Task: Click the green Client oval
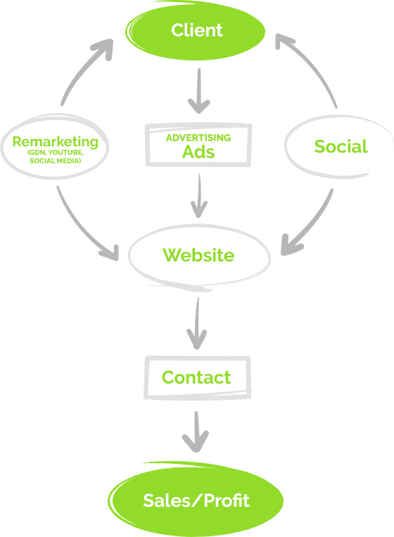(x=196, y=31)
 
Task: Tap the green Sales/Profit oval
(x=196, y=500)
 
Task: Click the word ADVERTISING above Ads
(x=198, y=138)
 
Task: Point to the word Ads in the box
(x=198, y=152)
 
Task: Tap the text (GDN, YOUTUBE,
(x=55, y=153)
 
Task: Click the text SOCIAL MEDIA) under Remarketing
(x=55, y=161)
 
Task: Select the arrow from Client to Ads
(x=199, y=91)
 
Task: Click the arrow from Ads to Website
(x=199, y=195)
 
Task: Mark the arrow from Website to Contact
(x=197, y=323)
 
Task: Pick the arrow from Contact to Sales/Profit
(x=196, y=432)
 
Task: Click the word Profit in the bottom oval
(x=227, y=500)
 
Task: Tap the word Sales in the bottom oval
(x=167, y=500)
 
